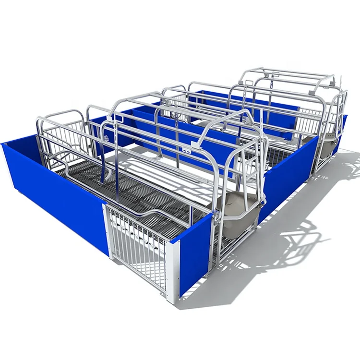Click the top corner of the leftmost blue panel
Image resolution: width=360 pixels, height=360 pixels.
[4, 144]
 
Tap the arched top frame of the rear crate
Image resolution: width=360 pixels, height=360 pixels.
[283, 77]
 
